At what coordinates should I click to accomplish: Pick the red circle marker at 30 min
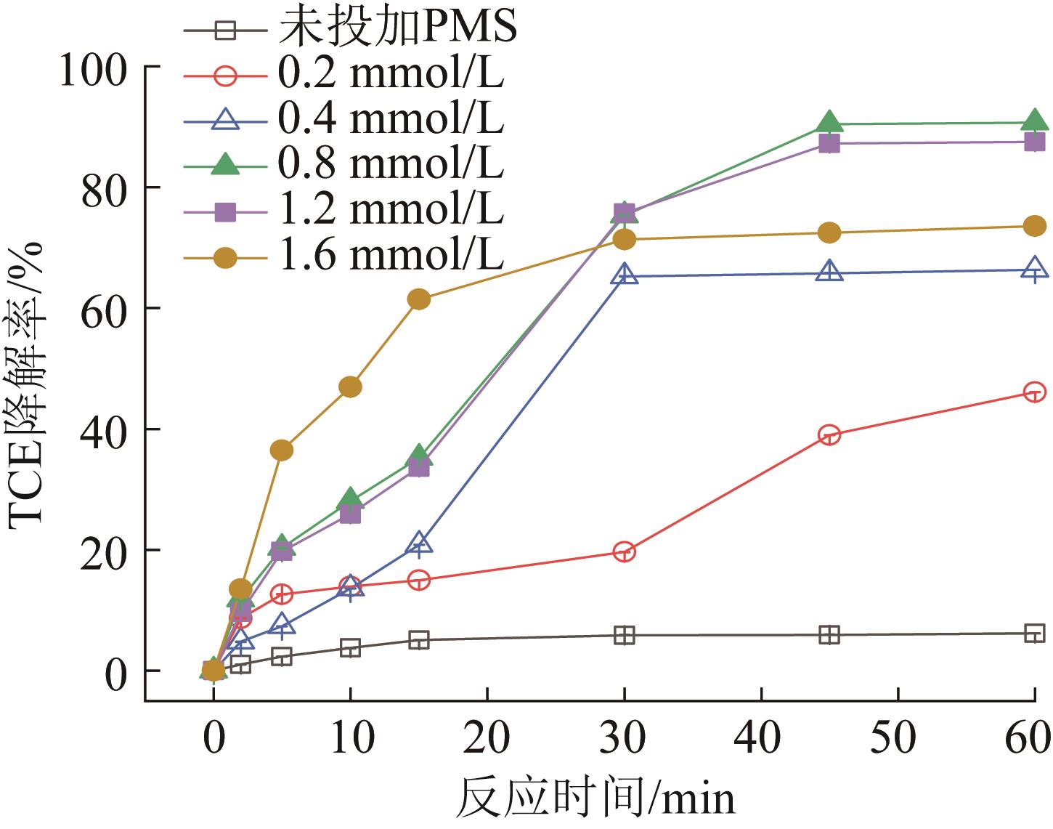pyautogui.click(x=624, y=551)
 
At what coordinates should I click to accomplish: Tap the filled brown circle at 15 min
pyautogui.click(x=419, y=299)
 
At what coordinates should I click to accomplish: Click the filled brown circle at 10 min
pyautogui.click(x=350, y=387)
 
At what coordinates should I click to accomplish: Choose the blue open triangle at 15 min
pyautogui.click(x=419, y=543)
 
